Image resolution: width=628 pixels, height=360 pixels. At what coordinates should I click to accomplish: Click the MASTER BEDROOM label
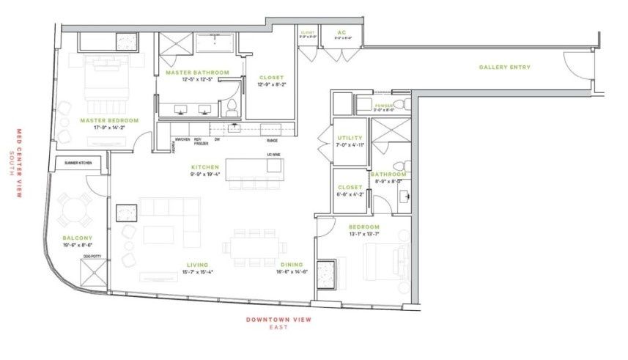(110, 120)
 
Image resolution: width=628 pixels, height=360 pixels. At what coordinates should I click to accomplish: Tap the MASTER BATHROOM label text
(197, 73)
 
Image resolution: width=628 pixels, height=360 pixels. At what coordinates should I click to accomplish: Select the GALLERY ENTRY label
(505, 67)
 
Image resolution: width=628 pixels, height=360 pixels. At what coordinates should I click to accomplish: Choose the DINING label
(292, 265)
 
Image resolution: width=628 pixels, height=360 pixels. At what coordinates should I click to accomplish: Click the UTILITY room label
(350, 138)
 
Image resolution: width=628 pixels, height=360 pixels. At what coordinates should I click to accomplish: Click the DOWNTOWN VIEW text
(278, 319)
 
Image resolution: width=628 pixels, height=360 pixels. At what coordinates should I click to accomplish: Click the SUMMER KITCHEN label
(78, 162)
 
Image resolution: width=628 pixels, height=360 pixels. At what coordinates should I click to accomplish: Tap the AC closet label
(341, 32)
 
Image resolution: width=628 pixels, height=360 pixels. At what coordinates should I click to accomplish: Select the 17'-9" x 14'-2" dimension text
(110, 128)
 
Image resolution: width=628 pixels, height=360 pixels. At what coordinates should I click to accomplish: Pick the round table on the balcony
(75, 210)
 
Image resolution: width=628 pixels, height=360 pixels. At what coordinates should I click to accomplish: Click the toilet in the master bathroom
(232, 109)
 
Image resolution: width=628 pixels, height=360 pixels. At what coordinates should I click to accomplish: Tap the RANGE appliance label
(282, 140)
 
